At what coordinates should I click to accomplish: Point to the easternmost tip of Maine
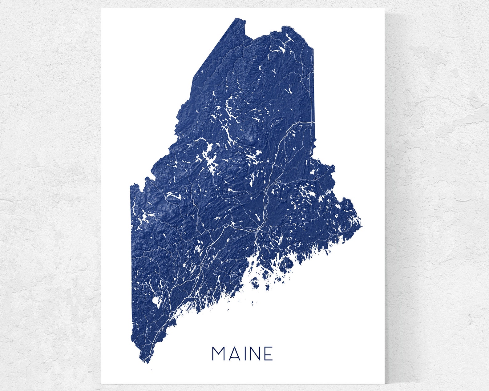point(362,227)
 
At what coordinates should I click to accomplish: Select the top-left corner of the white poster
point(102,8)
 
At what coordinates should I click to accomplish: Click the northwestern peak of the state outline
point(236,18)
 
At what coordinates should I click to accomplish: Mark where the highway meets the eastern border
point(314,122)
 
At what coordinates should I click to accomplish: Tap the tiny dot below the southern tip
point(151,370)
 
